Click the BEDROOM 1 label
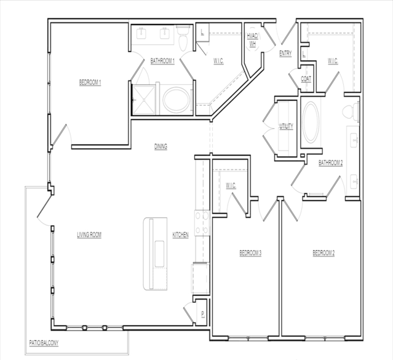90,82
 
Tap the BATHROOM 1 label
163,60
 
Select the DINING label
161,146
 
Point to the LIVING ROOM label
89,235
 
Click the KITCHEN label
180,235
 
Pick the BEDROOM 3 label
251,253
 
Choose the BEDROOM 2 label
324,253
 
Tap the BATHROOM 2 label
330,163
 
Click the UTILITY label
286,127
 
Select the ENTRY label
285,54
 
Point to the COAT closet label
306,80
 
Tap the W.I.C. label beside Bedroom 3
231,186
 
